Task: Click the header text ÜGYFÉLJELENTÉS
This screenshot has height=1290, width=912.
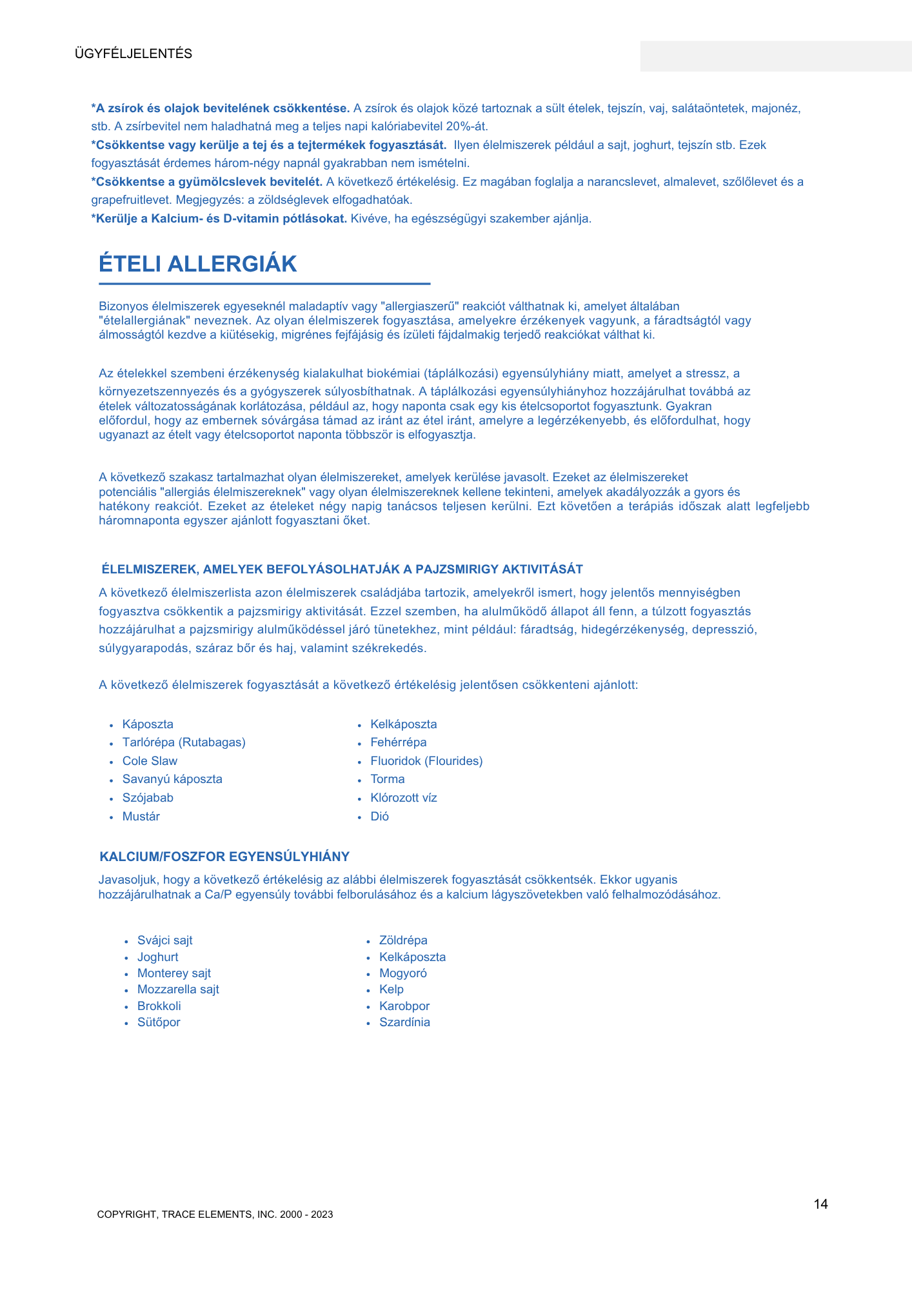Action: point(134,54)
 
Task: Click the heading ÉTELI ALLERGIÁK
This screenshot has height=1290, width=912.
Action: point(198,264)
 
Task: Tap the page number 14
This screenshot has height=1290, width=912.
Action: point(820,1204)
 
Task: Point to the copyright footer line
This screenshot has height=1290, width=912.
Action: point(215,1215)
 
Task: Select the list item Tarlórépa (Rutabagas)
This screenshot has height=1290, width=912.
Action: point(184,742)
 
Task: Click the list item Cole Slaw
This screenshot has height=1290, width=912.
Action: point(150,761)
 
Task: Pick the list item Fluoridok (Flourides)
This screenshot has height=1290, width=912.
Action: point(426,761)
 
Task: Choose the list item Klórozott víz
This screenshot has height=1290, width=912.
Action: point(404,798)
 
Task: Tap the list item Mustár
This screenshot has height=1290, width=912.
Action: point(141,817)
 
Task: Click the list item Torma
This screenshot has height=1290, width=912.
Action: point(388,779)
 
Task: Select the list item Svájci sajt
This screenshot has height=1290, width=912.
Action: point(165,940)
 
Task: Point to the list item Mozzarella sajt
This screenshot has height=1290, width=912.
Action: point(178,989)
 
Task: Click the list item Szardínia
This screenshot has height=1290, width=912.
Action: point(404,1022)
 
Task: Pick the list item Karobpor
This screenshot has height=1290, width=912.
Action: point(404,1006)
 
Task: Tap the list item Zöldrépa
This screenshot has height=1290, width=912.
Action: point(403,940)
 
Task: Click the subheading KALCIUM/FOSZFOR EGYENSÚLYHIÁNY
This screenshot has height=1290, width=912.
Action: point(224,857)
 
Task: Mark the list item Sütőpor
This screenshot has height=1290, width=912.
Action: point(159,1022)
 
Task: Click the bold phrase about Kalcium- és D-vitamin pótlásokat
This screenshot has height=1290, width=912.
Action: point(220,219)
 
